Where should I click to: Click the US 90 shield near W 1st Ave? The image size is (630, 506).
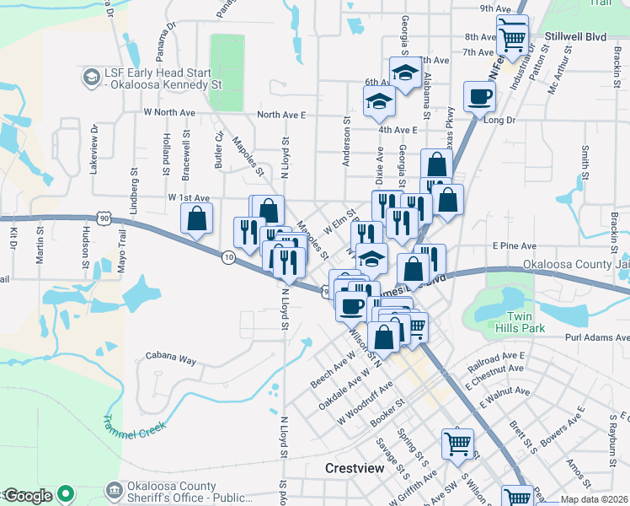[x=103, y=218]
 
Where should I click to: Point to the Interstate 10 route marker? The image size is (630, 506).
[x=228, y=256]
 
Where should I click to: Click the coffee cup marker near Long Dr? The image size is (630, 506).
[x=479, y=97]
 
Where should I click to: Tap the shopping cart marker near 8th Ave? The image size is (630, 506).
[x=511, y=36]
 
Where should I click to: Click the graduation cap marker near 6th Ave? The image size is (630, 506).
[x=405, y=73]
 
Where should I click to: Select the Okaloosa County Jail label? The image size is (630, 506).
[x=575, y=264]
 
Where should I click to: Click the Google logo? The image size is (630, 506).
[x=29, y=496]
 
